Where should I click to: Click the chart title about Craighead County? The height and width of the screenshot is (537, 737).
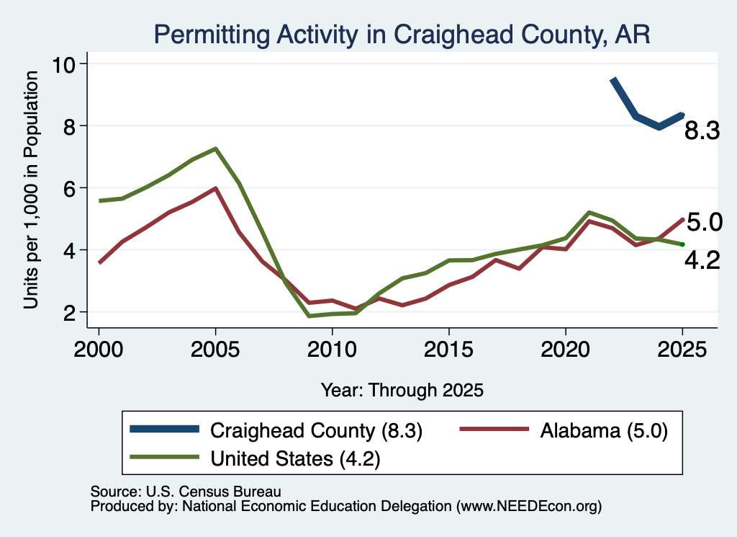pos(402,35)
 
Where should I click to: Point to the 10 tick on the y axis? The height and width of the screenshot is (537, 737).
pos(63,64)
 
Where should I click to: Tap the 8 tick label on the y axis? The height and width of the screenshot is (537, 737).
pos(70,126)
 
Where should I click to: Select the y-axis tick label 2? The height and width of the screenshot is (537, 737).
pos(70,313)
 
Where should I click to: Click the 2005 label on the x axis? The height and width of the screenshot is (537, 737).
pos(215,350)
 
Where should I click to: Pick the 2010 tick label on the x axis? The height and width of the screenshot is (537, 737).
pos(332,350)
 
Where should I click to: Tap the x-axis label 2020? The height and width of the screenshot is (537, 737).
pos(566,350)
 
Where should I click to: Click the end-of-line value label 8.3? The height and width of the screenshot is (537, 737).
pos(702,130)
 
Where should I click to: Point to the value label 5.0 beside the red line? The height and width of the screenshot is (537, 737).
pos(704,222)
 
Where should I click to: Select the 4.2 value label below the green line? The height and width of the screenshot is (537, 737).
pos(702,260)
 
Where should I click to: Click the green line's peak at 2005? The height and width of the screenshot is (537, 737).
pos(215,148)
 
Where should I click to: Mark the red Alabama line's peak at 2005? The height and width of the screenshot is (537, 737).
pos(215,188)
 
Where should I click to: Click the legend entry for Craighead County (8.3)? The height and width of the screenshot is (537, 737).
pos(276,430)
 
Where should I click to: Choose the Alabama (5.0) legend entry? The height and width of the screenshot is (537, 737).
pos(564,430)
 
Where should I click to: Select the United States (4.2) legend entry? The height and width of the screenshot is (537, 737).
pos(256,458)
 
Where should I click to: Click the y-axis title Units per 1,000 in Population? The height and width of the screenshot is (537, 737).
pos(30,190)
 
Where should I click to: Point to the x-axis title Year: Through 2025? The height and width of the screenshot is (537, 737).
pos(402,390)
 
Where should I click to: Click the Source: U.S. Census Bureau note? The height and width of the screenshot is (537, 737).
pos(186,492)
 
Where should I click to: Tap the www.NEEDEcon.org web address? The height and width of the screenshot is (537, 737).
pos(529,506)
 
